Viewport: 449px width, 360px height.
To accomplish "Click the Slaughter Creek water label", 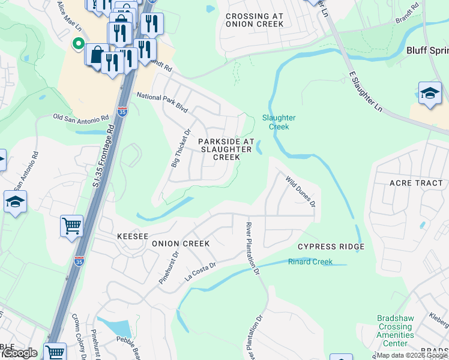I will [276, 122].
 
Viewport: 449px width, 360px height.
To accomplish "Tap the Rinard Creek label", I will [310, 262].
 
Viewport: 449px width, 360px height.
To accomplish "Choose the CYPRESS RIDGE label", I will [331, 247].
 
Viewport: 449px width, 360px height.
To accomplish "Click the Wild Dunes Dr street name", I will [300, 191].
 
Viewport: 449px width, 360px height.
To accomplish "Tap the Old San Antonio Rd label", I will [80, 117].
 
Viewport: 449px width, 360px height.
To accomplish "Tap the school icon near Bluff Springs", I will [430, 94].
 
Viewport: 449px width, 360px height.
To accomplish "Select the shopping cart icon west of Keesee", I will [71, 226].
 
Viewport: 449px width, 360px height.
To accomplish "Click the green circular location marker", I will [77, 44].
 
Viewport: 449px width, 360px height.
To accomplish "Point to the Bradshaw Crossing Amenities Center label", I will [395, 331].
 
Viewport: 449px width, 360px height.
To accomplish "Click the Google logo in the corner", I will [19, 353].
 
